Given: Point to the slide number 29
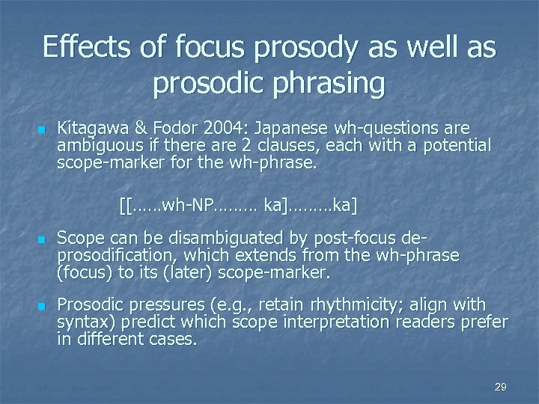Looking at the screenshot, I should coord(501,387).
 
